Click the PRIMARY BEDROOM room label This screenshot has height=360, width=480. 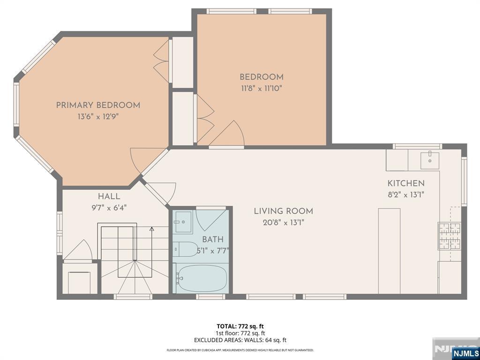point(98,105)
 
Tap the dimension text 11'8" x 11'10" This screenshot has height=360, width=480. point(261,89)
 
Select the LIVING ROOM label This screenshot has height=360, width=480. point(284,211)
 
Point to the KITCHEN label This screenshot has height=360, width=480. point(406,183)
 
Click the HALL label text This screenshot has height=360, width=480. point(109,196)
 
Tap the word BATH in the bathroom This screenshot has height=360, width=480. point(213,239)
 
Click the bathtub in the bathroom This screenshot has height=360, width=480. point(202,278)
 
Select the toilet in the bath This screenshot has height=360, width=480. point(186,249)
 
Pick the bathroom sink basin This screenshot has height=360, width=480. point(183,222)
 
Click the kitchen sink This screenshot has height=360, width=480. point(430,160)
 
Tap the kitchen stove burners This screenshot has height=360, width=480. point(450,235)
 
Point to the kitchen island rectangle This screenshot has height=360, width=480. point(389,251)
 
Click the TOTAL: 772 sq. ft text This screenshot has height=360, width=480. point(240,326)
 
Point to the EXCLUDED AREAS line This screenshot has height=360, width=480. point(240,340)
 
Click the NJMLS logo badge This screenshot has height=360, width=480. point(465,352)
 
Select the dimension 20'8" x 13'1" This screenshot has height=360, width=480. point(284,223)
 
